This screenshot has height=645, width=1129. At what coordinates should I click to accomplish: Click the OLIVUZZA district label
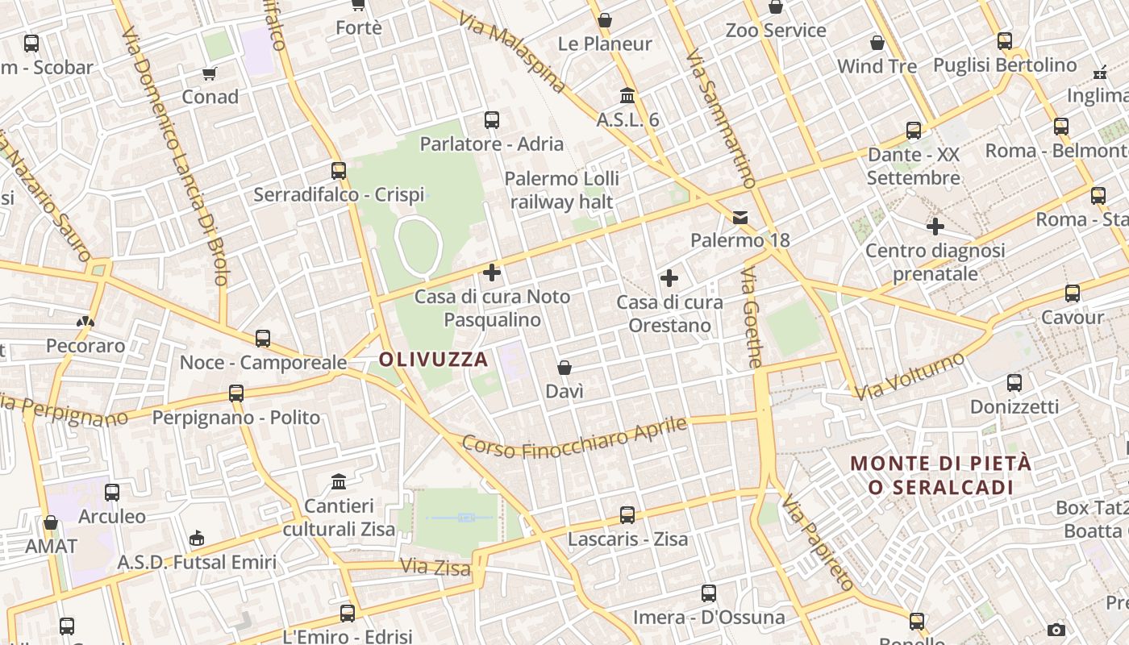pyautogui.click(x=434, y=360)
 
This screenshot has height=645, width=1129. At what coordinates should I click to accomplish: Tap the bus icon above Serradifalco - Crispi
pyautogui.click(x=339, y=170)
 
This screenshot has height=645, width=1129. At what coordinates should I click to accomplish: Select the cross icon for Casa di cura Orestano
pyautogui.click(x=669, y=279)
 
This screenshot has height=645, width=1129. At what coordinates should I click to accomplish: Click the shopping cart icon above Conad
pyautogui.click(x=210, y=73)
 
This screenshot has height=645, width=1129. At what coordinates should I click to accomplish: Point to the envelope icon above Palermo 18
pyautogui.click(x=740, y=217)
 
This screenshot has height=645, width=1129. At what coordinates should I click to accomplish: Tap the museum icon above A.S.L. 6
pyautogui.click(x=627, y=96)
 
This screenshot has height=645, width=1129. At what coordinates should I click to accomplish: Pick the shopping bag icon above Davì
pyautogui.click(x=564, y=368)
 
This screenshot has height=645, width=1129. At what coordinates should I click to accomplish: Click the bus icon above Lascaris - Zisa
pyautogui.click(x=627, y=514)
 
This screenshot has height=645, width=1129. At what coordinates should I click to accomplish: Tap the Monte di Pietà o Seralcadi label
pyautogui.click(x=940, y=476)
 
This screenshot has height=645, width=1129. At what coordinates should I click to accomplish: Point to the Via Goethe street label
pyautogui.click(x=751, y=318)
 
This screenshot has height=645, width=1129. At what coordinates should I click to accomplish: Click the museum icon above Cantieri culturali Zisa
pyautogui.click(x=339, y=482)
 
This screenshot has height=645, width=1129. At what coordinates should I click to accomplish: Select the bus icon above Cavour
pyautogui.click(x=1072, y=293)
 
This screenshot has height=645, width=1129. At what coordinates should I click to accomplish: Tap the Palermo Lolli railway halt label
pyautogui.click(x=563, y=190)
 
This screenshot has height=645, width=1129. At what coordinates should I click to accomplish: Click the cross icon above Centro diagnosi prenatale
pyautogui.click(x=935, y=227)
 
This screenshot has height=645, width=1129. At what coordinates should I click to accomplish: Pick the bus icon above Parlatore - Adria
pyautogui.click(x=492, y=120)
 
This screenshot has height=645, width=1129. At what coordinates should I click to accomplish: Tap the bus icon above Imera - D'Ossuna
pyautogui.click(x=708, y=593)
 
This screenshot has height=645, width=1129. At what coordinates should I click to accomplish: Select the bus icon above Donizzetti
pyautogui.click(x=1014, y=383)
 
